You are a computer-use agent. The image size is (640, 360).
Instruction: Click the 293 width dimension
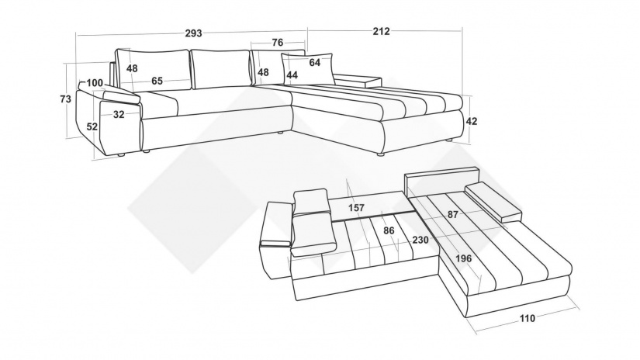pyautogui.click(x=193, y=33)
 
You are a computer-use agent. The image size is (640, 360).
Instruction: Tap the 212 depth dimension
pyautogui.click(x=381, y=31)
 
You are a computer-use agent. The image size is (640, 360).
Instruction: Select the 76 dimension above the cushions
pyautogui.click(x=277, y=43)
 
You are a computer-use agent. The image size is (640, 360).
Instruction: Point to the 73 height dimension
pyautogui.click(x=65, y=99)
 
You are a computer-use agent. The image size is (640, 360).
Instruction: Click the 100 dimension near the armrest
pyautogui.click(x=95, y=83)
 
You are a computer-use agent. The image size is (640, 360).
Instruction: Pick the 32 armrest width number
pyautogui.click(x=119, y=115)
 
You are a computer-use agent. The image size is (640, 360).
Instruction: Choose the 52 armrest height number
pyautogui.click(x=92, y=126)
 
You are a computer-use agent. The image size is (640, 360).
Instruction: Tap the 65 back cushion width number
pyautogui.click(x=157, y=81)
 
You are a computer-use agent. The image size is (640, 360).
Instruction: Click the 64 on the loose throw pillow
pyautogui.click(x=315, y=62)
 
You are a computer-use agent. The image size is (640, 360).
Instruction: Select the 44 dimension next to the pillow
pyautogui.click(x=292, y=75)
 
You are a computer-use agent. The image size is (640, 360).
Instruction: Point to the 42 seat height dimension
pyautogui.click(x=472, y=121)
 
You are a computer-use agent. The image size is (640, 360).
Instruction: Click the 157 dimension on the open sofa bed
pyautogui.click(x=356, y=208)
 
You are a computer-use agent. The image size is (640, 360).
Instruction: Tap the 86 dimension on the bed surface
pyautogui.click(x=389, y=230)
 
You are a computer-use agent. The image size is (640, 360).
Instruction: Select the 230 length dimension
pyautogui.click(x=420, y=240)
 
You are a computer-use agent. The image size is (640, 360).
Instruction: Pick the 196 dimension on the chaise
pyautogui.click(x=464, y=258)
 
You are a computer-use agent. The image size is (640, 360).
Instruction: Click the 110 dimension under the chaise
pyautogui.click(x=527, y=318)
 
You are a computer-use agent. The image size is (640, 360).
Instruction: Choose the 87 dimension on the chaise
pyautogui.click(x=452, y=214)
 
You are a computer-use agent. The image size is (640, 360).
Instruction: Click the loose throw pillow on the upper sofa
pyautogui.click(x=307, y=68)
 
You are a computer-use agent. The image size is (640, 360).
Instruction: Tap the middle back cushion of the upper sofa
pyautogui.click(x=220, y=69)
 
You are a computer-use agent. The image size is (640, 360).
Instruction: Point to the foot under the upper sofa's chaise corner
pyautogui.click(x=380, y=155)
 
